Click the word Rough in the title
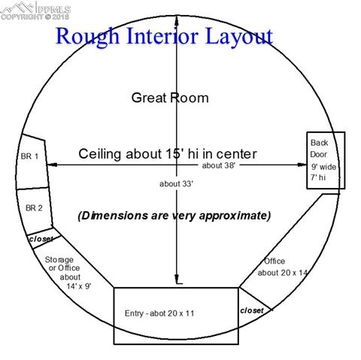tap(87, 37)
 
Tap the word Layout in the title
tap(239, 37)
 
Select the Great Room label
tap(170, 98)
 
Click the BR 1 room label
tap(29, 156)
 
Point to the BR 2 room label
tap(34, 207)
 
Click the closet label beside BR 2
tap(41, 239)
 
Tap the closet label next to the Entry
tap(252, 310)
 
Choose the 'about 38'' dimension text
tap(219, 165)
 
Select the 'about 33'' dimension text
tap(176, 183)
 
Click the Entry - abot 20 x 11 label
tap(159, 313)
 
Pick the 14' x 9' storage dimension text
tap(79, 286)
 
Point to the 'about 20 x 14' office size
tap(283, 273)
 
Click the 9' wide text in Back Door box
tap(323, 167)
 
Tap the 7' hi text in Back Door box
tap(318, 177)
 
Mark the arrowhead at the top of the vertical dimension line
tap(177, 20)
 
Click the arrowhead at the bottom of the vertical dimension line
tap(177, 279)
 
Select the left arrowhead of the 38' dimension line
tap(52, 165)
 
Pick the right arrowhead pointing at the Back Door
tap(302, 165)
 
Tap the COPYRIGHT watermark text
tap(22, 17)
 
